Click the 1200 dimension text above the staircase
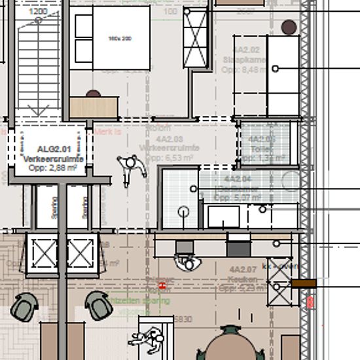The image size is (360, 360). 38,12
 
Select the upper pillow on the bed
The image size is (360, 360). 83,26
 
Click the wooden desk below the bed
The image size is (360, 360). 94,107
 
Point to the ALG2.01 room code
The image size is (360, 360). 53,149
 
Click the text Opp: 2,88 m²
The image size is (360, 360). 53,168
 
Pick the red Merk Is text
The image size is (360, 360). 108,131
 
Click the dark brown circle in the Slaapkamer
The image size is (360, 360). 289,27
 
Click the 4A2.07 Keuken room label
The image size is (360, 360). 243,274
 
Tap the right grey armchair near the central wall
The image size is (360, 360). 98,306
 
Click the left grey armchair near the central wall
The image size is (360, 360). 25,306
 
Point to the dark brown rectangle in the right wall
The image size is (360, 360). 304,283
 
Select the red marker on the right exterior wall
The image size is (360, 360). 310,303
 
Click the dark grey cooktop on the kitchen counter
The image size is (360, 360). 238,247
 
